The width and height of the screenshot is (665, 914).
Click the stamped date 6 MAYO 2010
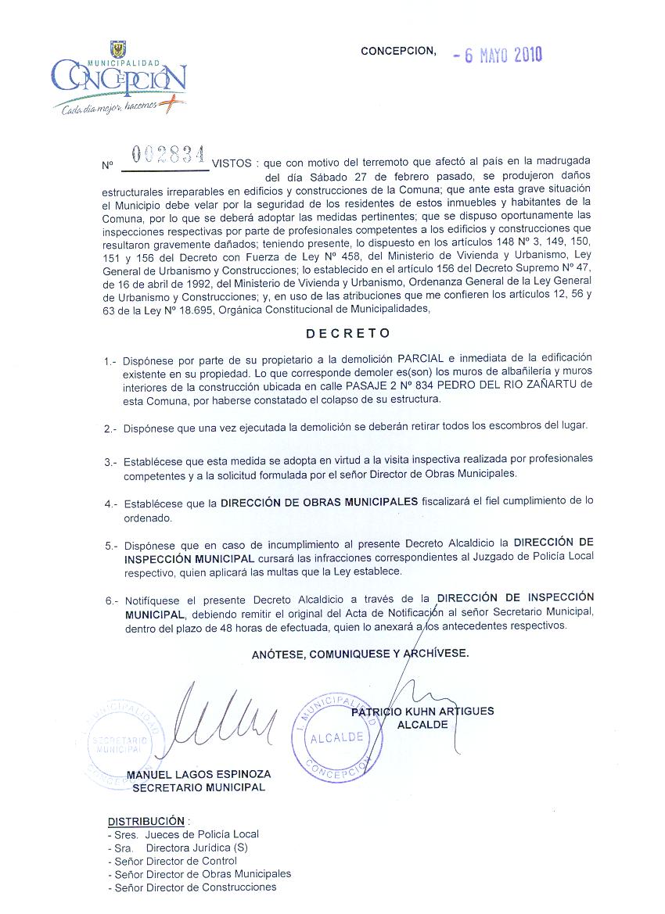point(498,55)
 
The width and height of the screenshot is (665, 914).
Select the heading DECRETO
point(348,332)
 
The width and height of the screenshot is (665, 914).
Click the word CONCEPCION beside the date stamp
point(397,51)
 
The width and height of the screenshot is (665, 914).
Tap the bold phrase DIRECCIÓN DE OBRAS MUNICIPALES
point(318,501)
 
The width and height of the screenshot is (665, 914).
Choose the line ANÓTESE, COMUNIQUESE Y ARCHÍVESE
point(360,652)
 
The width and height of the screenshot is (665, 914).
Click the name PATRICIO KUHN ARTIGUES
point(422,711)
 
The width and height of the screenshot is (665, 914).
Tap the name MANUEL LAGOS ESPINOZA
point(199,774)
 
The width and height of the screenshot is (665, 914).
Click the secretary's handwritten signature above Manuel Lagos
point(223,715)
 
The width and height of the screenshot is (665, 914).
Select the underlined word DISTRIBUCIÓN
point(146,821)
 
